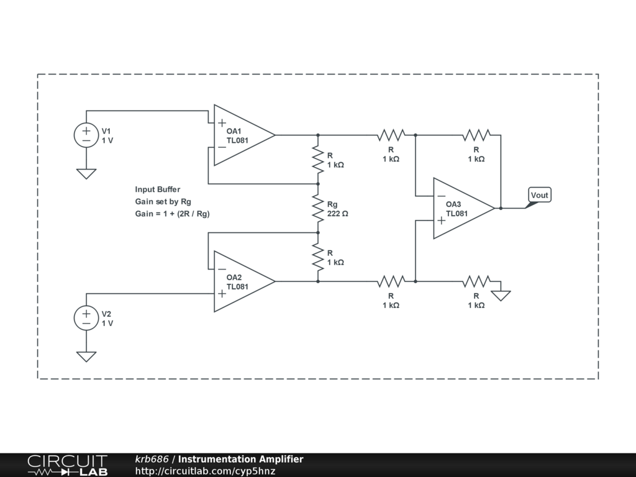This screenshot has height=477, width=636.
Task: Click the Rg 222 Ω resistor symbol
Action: [x=318, y=208]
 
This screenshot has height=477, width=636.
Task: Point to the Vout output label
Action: [x=539, y=195]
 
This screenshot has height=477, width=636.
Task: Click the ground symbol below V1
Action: [x=86, y=174]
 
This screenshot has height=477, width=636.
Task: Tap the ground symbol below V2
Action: [x=86, y=357]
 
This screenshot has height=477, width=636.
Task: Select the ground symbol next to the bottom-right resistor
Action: [x=501, y=296]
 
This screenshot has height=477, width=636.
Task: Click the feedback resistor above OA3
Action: [x=476, y=135]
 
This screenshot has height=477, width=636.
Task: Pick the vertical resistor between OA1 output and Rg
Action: [x=318, y=160]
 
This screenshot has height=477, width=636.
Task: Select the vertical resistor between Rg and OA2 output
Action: [x=318, y=257]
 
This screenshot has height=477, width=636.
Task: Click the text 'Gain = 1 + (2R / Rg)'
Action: [x=173, y=214]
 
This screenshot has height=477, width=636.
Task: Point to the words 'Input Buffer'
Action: [x=157, y=189]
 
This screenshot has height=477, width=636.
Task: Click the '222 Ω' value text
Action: [x=337, y=214]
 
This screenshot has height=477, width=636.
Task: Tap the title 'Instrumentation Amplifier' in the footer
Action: [x=240, y=459]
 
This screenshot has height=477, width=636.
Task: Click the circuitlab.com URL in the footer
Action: [x=205, y=471]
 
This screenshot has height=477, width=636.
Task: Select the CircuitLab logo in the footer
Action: [x=67, y=465]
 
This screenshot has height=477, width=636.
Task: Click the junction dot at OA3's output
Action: [x=501, y=208]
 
